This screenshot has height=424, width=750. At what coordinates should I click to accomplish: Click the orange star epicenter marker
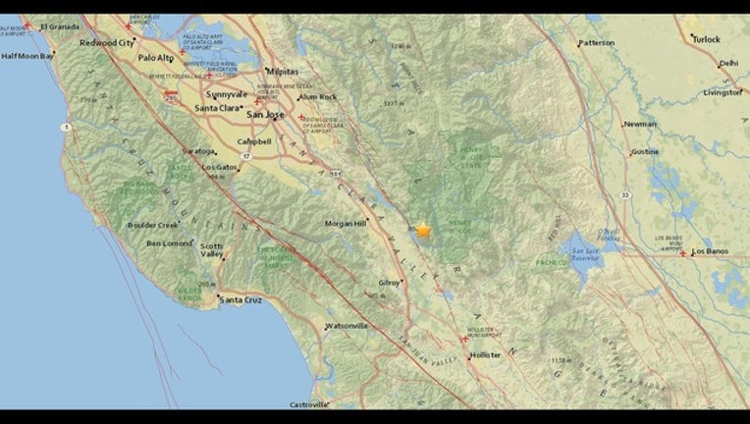(423, 230)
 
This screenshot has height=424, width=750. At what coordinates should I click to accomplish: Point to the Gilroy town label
(389, 283)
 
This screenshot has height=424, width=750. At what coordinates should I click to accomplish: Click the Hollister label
(485, 354)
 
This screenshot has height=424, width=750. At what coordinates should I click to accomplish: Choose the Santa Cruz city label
(242, 299)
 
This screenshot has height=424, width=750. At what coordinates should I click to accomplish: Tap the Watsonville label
(347, 325)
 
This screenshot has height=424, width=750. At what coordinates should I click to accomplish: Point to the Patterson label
(596, 43)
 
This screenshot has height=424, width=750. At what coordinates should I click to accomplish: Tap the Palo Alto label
(155, 58)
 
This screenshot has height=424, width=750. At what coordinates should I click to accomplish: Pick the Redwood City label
(106, 43)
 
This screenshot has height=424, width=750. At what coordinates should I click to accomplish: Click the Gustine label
(645, 152)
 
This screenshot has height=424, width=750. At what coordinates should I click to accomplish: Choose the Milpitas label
(282, 70)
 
